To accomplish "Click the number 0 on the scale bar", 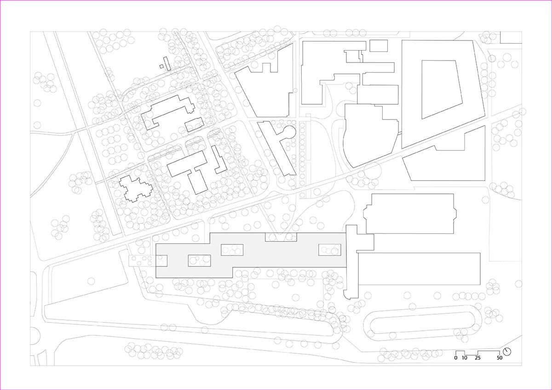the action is click(456, 357).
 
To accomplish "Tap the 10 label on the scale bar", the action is click(465, 357).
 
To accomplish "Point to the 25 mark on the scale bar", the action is click(478, 357).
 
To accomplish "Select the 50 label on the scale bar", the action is click(500, 357).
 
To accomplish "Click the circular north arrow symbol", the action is click(507, 351).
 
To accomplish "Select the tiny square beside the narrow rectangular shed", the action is click(161, 66).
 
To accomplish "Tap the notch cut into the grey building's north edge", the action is click(281, 237).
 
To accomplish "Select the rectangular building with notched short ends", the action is click(410, 214).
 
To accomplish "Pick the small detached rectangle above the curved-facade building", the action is click(378, 45).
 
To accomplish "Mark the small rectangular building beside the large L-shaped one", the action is click(194, 124).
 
